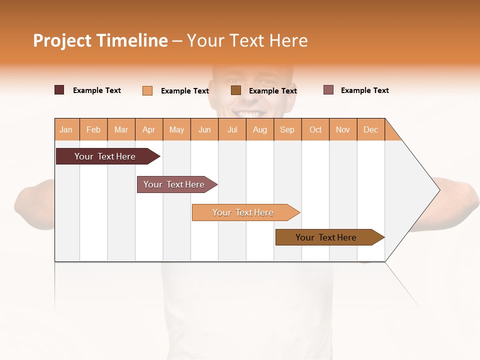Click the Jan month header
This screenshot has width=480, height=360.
(x=66, y=129)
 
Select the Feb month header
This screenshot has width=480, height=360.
(x=93, y=129)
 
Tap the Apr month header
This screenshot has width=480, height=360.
(x=149, y=129)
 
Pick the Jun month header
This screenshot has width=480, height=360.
(x=204, y=129)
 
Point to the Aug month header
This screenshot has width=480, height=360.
(x=260, y=129)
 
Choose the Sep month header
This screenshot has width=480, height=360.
(x=287, y=129)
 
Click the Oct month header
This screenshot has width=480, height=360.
(x=315, y=129)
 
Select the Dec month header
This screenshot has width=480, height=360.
(x=371, y=129)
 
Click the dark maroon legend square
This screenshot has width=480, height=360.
(x=59, y=90)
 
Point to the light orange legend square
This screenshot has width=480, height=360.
(x=147, y=90)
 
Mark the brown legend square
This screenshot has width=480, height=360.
(x=236, y=90)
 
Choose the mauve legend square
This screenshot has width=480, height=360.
(x=328, y=90)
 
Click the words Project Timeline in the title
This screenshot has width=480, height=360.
(x=100, y=40)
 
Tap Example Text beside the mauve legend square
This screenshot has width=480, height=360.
(x=364, y=90)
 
